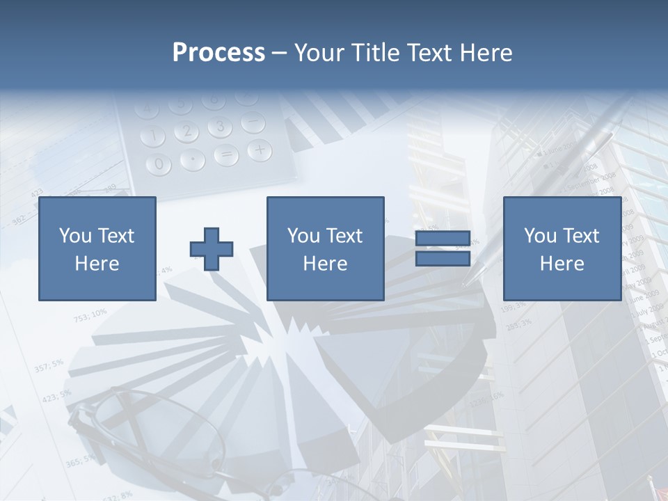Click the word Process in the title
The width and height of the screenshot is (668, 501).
218,52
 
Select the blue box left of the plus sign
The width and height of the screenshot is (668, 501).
97,248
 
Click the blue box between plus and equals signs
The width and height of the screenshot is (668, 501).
325,248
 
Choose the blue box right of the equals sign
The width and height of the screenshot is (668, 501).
562,248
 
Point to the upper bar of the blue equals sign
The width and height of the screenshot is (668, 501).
443,239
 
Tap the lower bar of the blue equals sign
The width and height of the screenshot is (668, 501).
443,258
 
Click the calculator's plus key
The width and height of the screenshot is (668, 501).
260,148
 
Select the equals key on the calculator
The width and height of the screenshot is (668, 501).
225,155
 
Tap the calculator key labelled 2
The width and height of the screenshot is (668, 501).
186,131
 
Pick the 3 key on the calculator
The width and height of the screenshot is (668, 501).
220,126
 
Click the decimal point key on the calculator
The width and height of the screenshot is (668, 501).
192,160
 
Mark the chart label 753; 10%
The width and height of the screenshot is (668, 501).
90,315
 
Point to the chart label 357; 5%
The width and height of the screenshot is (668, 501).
48,365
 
